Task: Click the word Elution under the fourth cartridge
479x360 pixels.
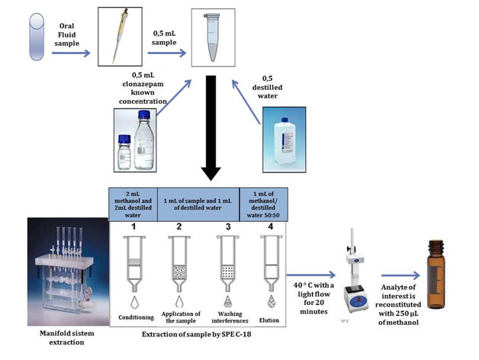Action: coord(267,317)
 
